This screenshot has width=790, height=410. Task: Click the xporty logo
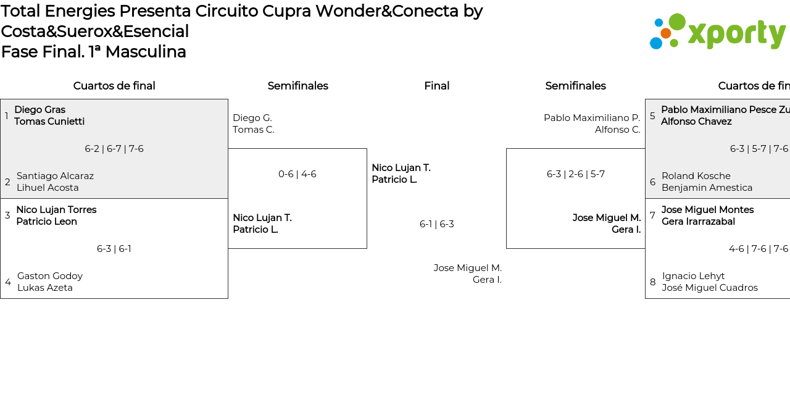(x=717, y=31)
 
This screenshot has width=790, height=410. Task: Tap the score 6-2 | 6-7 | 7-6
(x=114, y=149)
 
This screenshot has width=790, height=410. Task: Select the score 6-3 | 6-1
(x=114, y=249)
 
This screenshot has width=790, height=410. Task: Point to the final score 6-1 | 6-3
(x=437, y=224)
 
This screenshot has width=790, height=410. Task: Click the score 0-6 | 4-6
(x=297, y=174)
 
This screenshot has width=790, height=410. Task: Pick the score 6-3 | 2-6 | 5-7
(x=576, y=174)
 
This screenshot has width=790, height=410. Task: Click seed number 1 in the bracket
(x=7, y=116)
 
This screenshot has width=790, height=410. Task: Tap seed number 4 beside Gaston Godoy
(x=8, y=282)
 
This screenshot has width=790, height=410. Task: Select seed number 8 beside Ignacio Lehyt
(x=653, y=282)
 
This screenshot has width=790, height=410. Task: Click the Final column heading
(x=437, y=86)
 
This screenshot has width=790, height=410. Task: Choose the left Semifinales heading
(x=297, y=86)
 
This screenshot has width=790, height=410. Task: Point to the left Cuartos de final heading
(x=114, y=86)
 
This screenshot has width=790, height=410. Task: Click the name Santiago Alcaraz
(x=55, y=176)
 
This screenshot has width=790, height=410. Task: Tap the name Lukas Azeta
(x=45, y=288)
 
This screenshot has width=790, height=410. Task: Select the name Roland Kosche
(x=696, y=176)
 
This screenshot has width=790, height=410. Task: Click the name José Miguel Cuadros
(x=710, y=288)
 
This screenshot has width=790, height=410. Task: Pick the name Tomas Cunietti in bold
(x=49, y=122)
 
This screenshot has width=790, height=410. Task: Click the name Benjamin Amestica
(x=707, y=188)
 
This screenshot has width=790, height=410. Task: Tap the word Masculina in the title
(x=146, y=52)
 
